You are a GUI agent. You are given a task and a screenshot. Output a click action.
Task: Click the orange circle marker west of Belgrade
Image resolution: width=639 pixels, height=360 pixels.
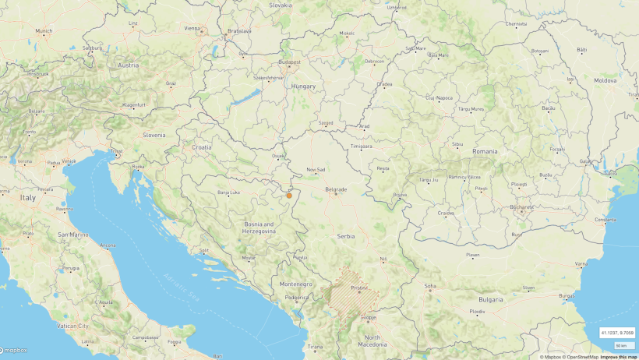click(288, 195)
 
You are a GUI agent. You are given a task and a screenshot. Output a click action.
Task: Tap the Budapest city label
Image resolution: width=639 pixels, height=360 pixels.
click(289, 61)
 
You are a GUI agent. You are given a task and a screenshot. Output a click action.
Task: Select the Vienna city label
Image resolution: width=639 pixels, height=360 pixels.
click(192, 28)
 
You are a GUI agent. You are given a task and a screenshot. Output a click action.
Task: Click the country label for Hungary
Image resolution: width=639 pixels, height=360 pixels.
click(303, 86)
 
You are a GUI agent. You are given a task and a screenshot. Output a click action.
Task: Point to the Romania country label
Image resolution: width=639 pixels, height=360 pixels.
click(485, 150)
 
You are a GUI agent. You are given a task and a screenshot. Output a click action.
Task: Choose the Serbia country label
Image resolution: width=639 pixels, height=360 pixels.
click(346, 235)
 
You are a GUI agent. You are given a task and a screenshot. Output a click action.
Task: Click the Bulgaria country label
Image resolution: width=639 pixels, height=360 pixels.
click(491, 299)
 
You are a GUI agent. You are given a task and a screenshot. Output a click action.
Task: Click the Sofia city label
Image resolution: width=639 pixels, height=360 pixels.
click(430, 286)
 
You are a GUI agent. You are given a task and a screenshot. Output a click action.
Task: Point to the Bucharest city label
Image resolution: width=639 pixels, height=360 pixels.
click(521, 207)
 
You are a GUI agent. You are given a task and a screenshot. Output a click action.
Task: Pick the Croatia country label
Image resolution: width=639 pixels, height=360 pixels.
click(202, 146)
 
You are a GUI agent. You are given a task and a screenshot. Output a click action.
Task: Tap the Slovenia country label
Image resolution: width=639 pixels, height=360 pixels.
click(154, 134)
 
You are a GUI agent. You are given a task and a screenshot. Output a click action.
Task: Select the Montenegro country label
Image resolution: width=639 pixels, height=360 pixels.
click(295, 284)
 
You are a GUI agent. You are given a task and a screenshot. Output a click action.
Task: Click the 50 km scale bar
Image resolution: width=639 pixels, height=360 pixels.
click(622, 344)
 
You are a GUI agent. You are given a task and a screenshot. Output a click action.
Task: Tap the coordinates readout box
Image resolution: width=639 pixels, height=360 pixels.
click(616, 333)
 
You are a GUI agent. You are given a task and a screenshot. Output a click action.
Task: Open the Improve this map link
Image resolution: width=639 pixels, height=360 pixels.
click(620, 357)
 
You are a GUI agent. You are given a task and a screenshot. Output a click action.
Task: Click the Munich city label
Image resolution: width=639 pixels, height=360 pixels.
click(44, 31)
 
